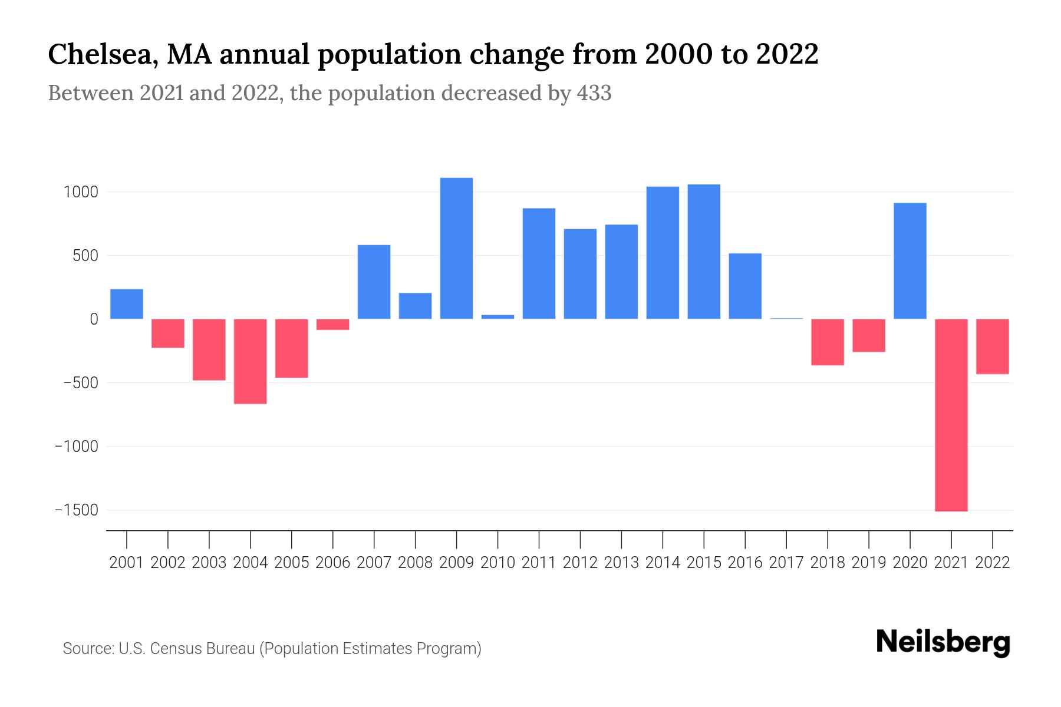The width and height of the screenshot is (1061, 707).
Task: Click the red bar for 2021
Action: tap(951, 415)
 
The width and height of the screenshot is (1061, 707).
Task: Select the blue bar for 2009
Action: tap(456, 248)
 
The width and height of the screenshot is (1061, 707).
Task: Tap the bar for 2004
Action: tap(250, 361)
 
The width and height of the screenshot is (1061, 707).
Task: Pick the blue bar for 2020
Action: tap(910, 260)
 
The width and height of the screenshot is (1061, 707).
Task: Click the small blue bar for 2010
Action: tap(497, 317)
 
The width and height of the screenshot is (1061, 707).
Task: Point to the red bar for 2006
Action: tap(332, 325)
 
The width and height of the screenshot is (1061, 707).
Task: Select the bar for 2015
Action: tap(704, 252)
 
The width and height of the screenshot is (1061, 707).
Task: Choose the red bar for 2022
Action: tap(993, 346)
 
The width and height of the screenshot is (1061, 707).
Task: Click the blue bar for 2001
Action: tap(127, 303)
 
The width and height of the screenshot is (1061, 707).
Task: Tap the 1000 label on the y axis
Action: tap(81, 192)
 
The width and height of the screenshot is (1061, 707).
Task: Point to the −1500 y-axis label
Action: tap(77, 510)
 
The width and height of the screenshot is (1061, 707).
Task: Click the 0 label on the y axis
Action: tap(93, 319)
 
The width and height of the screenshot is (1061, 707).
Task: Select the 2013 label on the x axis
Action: tap(621, 563)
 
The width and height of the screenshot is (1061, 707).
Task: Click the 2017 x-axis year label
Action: tap(786, 563)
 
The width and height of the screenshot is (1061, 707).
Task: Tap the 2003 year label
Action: tap(209, 563)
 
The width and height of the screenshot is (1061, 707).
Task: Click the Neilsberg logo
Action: tap(943, 642)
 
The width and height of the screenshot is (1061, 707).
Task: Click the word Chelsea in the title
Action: tap(101, 55)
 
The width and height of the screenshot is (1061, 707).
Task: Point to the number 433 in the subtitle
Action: tap(594, 93)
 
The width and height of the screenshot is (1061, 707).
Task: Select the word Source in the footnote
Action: tap(87, 649)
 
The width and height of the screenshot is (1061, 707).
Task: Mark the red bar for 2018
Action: tap(828, 342)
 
